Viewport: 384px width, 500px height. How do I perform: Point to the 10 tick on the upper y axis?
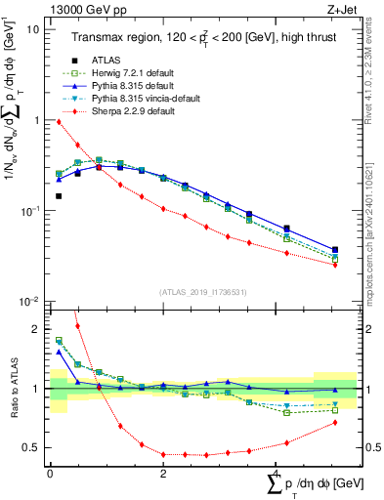click(32, 29)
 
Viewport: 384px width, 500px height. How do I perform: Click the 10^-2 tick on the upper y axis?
click(30, 301)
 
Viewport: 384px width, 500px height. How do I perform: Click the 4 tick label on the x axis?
click(276, 473)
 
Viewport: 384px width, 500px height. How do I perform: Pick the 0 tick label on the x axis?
click(50, 473)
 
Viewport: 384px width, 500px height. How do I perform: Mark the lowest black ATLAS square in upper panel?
click(59, 196)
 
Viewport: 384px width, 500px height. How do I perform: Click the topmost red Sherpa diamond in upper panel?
click(59, 121)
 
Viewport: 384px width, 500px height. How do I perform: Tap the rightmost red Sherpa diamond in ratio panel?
click(335, 423)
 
